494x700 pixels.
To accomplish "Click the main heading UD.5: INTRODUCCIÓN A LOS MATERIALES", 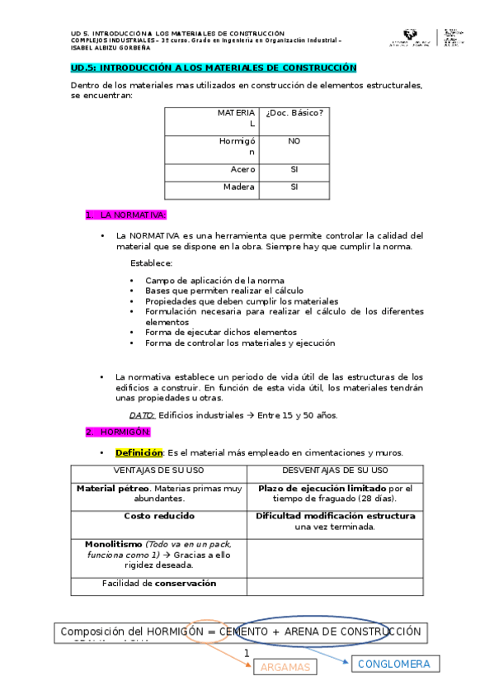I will (x=214, y=68).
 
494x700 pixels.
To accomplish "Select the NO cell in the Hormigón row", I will (x=294, y=141).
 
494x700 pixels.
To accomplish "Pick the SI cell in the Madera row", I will (x=294, y=187).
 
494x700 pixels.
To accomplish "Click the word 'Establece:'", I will (x=151, y=263).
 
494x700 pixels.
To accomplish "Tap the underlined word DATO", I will (x=142, y=415).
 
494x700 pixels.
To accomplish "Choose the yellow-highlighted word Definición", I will (x=139, y=452).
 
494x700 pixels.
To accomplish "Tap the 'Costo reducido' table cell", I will (x=159, y=516).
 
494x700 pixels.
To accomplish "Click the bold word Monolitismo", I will (x=114, y=544).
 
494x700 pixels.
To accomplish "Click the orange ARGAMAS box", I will (x=285, y=667).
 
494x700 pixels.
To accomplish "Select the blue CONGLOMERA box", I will (x=395, y=663).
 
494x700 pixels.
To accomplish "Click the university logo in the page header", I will (x=408, y=38).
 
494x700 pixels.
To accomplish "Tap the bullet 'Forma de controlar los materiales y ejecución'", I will (x=240, y=343).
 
